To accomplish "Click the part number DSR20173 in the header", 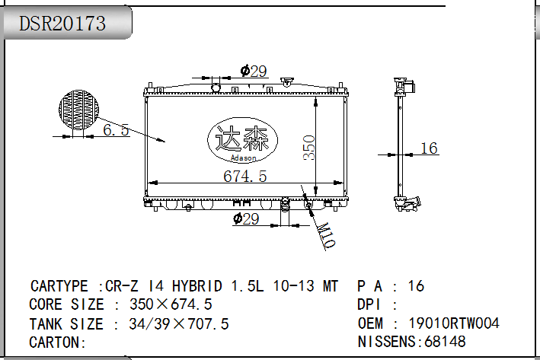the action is coord(62,24).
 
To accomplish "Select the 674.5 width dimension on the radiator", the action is coord(244,177).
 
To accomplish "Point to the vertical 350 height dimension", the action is coord(309,148).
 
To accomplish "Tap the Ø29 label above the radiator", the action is coord(254,72).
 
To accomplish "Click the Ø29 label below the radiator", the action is coord(246,219).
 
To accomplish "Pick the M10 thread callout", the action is coord(325,235).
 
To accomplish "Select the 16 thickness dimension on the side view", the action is coord(429,148).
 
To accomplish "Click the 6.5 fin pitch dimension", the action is coord(116,129).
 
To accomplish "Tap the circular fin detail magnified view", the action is coord(79,110).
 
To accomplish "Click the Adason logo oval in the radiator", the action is coord(242,140).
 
